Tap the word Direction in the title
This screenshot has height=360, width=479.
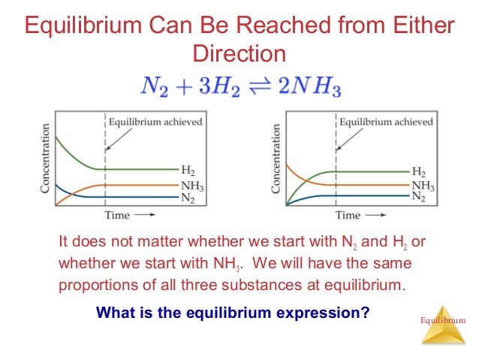pos(239,55)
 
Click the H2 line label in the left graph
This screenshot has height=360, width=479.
pos(188,170)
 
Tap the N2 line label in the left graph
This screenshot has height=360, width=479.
pos(188,197)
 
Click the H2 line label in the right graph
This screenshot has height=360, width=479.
pos(419,172)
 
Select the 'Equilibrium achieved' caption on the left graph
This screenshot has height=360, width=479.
pos(155,121)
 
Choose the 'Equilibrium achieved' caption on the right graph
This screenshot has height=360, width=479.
pos(386,121)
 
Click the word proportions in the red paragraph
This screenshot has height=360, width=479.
pos(98,285)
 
